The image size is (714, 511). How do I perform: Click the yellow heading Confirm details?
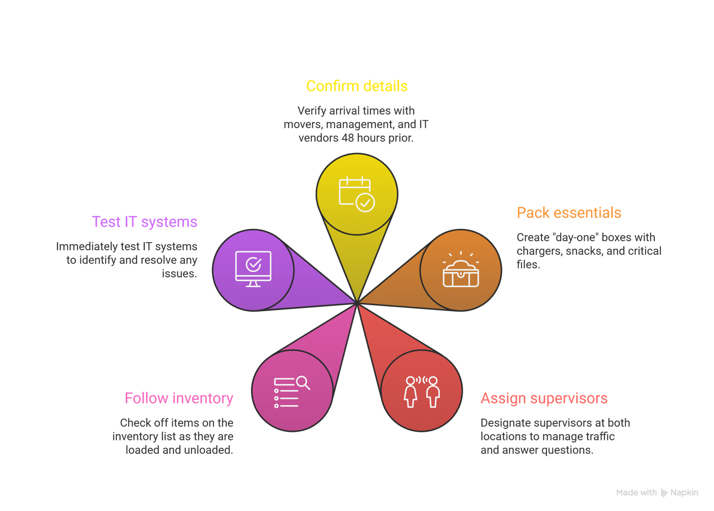pos(357,86)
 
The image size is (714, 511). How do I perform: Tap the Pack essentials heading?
pos(569,213)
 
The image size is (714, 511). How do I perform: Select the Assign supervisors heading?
pos(544,398)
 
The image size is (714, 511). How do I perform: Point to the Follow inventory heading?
pos(179,398)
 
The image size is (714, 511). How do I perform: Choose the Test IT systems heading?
pos(145,222)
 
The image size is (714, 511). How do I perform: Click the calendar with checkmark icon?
pos(357,194)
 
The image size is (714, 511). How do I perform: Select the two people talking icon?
pos(422,392)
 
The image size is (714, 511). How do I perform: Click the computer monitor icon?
pos(253,268)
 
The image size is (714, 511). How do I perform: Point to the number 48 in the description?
pos(348,138)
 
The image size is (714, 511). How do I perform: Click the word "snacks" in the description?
pos(584,251)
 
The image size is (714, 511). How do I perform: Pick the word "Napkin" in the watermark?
pos(684,493)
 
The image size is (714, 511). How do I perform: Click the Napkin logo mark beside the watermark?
pos(664,493)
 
